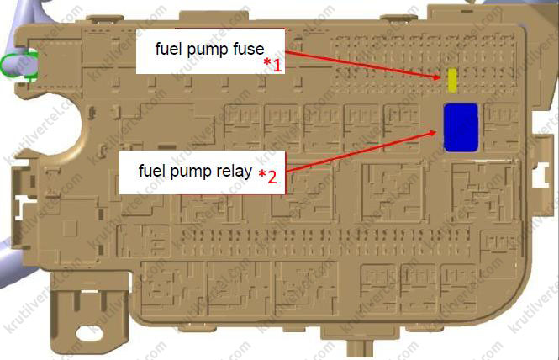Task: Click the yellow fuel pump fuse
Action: click(453, 80)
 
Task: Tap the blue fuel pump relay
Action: click(461, 126)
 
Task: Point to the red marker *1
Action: click(272, 64)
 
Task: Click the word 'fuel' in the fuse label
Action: click(167, 48)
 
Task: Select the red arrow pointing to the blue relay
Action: click(353, 152)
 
